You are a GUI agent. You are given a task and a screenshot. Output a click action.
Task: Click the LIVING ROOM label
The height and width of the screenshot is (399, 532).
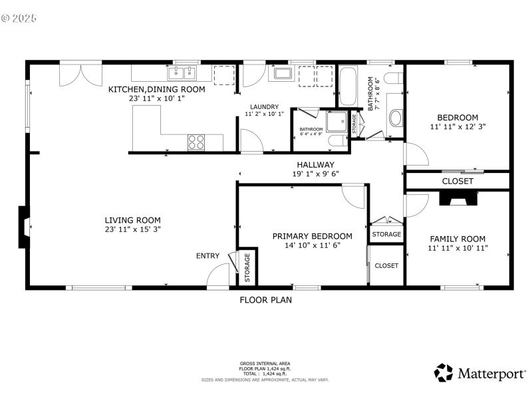coord(132,220)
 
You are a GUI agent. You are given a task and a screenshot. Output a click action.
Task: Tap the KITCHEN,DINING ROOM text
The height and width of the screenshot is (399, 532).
coord(157,89)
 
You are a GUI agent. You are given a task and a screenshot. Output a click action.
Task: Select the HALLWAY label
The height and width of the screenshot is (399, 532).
coord(315,165)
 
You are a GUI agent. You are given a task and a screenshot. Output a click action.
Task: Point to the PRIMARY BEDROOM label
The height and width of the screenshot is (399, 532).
coord(312,236)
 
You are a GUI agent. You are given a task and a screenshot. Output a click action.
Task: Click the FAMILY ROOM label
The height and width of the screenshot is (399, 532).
coord(458,239)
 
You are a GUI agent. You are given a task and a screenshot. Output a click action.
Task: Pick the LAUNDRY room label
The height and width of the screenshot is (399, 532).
coord(264,107)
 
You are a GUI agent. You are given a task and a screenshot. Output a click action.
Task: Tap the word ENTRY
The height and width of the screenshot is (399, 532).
coord(207,256)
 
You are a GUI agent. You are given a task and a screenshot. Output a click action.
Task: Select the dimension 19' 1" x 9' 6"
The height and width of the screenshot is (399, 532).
coord(315,174)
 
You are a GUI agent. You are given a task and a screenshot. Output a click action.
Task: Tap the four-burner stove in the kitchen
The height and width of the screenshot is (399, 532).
coord(196,141)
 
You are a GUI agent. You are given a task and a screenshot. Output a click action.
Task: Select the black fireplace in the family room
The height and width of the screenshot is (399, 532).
coord(458,198)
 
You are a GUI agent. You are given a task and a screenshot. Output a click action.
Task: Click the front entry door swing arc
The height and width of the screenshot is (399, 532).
coord(217,275)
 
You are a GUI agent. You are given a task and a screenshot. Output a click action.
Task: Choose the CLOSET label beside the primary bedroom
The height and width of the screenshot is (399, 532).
coord(386,265)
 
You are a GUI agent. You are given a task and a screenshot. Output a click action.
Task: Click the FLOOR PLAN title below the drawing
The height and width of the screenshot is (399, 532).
coord(265,300)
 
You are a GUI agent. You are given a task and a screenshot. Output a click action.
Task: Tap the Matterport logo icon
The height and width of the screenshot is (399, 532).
coord(443,372)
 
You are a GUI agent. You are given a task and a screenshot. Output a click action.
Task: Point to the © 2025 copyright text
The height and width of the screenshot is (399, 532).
coord(19,18)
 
